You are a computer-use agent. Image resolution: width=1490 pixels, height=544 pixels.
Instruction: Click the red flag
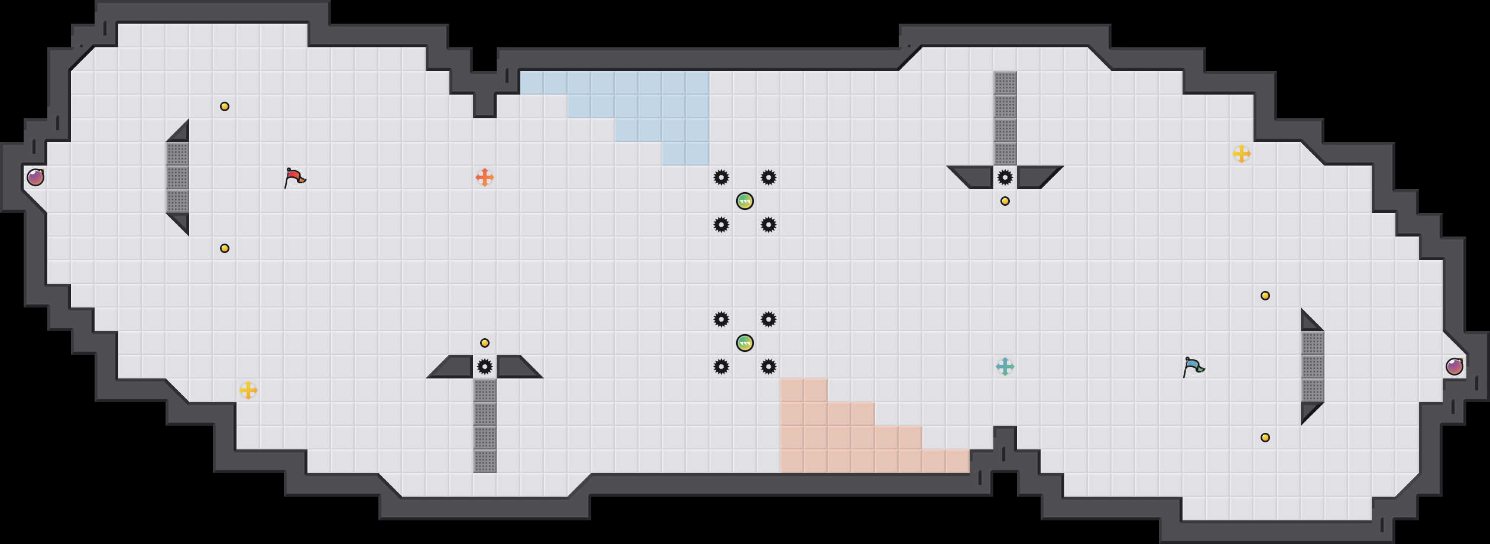[x=294, y=177]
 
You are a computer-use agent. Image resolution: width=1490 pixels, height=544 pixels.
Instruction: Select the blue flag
[x=1193, y=367]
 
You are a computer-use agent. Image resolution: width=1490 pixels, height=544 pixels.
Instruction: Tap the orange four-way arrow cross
[x=485, y=177]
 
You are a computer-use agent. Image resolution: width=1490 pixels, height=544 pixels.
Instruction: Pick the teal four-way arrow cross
[x=1005, y=367]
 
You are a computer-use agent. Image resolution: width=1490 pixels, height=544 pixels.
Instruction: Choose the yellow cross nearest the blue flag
[x=1242, y=154]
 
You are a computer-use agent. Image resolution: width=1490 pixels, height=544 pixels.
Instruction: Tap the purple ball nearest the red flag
[x=35, y=177]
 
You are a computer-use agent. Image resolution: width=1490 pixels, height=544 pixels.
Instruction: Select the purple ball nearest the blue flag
[x=1455, y=367]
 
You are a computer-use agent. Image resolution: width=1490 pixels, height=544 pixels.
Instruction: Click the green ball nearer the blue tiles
[x=745, y=201]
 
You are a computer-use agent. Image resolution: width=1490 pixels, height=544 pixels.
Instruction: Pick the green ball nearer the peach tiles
[x=745, y=343]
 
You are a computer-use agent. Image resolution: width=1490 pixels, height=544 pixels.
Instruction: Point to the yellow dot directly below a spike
[x=1005, y=201]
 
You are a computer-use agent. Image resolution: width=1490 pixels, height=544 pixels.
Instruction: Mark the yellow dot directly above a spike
[x=485, y=343]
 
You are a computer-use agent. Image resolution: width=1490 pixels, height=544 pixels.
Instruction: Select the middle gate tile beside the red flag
[x=177, y=177]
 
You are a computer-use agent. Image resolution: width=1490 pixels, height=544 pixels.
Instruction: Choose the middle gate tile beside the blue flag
[x=1313, y=367]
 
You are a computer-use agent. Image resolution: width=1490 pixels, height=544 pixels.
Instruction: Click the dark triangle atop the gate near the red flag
[x=181, y=134]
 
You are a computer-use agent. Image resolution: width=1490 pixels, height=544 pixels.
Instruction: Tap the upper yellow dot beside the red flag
[x=225, y=106]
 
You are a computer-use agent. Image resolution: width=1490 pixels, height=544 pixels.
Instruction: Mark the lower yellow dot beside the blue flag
[x=1265, y=438]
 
